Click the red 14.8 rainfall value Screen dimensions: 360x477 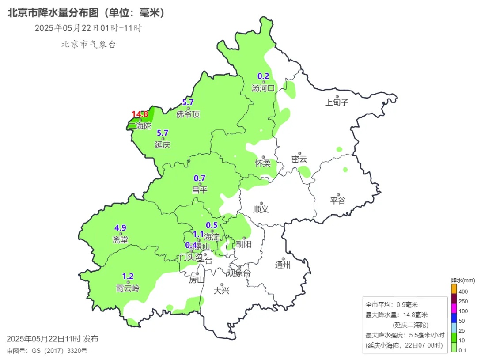[x=140, y=114]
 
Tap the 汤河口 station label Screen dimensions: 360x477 [x=263, y=88]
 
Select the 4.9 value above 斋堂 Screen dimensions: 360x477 [x=121, y=228]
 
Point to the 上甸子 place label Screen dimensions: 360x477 [x=337, y=102]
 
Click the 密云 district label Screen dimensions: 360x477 [x=299, y=159]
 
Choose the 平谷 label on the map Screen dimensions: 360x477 [x=338, y=201]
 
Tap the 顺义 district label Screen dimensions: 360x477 [x=261, y=209]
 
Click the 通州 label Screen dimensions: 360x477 [x=283, y=265]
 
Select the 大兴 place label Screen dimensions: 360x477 [x=222, y=291]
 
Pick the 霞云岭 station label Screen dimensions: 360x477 [x=128, y=288]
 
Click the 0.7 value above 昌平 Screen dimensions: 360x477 [x=200, y=178]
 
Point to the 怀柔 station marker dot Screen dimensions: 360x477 [x=263, y=157]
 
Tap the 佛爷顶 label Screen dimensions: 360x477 [x=188, y=114]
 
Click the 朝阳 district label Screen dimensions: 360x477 [x=243, y=244]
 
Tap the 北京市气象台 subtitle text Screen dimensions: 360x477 [x=88, y=44]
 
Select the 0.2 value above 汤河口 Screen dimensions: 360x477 [x=263, y=76]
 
